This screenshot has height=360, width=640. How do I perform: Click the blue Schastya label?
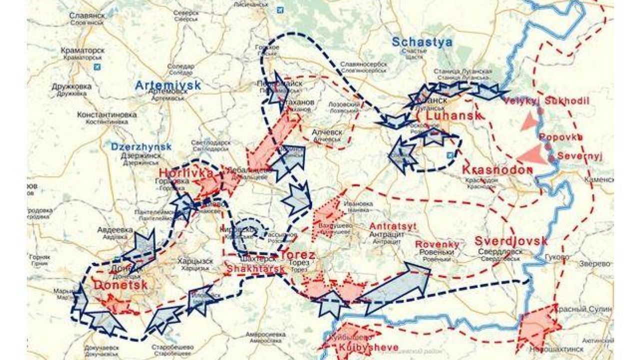pos(422,42)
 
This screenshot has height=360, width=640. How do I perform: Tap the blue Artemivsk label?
pos(168,85)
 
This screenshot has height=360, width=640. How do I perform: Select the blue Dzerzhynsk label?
pos(141,147)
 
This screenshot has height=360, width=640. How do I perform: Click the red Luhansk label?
pos(453,116)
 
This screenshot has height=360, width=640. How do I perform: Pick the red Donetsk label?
pos(120,285)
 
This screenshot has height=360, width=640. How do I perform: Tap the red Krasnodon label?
pos(497,170)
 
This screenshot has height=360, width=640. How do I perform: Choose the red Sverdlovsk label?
pos(511,241)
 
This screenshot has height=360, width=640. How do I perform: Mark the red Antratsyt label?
pos(393,226)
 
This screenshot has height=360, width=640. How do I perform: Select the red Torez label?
pos(298,255)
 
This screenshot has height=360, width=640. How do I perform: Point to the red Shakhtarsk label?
pos(256,268)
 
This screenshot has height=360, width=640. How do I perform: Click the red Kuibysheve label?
pos(368,347)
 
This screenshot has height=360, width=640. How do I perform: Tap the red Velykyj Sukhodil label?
pos(547,101)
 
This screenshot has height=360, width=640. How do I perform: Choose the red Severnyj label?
pos(580,155)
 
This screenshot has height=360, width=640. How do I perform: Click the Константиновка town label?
pos(106,115)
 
